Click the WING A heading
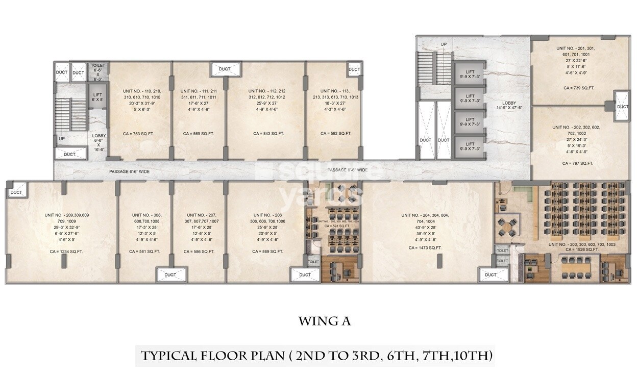pyautogui.click(x=325, y=321)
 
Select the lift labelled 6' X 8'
pyautogui.click(x=97, y=97)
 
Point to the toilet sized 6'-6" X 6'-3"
pyautogui.click(x=97, y=72)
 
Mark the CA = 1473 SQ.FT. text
pyautogui.click(x=425, y=247)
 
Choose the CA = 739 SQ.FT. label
pyautogui.click(x=579, y=88)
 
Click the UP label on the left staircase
pyautogui.click(x=62, y=138)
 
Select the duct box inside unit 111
pyautogui.click(x=225, y=69)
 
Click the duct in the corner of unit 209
pyautogui.click(x=16, y=192)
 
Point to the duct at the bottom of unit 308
pyautogui.click(x=170, y=275)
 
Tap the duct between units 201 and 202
pyautogui.click(x=622, y=107)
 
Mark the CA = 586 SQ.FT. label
pyautogui.click(x=199, y=251)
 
